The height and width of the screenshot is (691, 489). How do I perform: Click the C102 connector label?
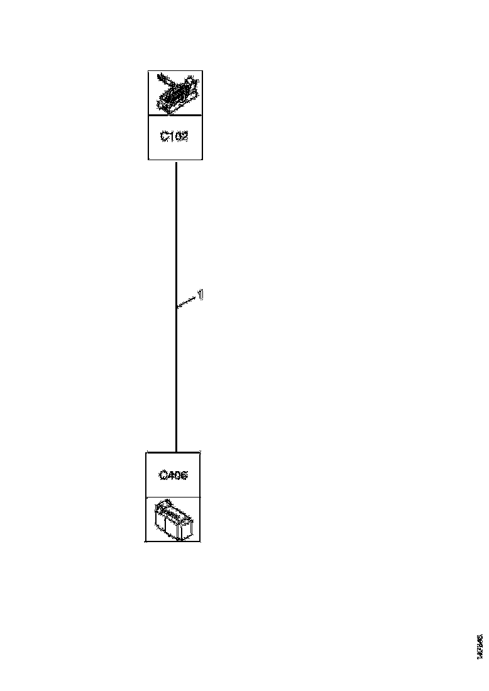(174, 136)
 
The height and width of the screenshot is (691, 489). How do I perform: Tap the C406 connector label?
(173, 476)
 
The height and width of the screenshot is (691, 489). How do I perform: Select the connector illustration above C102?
(175, 93)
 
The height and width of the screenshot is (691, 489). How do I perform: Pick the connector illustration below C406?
(173, 520)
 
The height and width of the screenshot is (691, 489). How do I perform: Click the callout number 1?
(201, 293)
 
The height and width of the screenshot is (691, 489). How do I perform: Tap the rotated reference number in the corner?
(480, 646)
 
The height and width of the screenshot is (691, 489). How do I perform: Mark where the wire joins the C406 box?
(175, 452)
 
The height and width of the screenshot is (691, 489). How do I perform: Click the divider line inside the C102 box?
(175, 116)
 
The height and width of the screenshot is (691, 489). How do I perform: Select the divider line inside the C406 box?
(173, 498)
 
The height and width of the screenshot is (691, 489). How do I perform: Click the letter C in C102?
(164, 136)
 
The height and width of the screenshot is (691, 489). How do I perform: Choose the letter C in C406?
(163, 476)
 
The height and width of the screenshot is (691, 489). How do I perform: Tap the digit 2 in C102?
(184, 136)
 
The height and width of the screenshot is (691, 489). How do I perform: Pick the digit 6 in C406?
(183, 476)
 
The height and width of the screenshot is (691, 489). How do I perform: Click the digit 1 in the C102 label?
(170, 136)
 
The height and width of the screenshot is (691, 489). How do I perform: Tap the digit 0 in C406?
(176, 476)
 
